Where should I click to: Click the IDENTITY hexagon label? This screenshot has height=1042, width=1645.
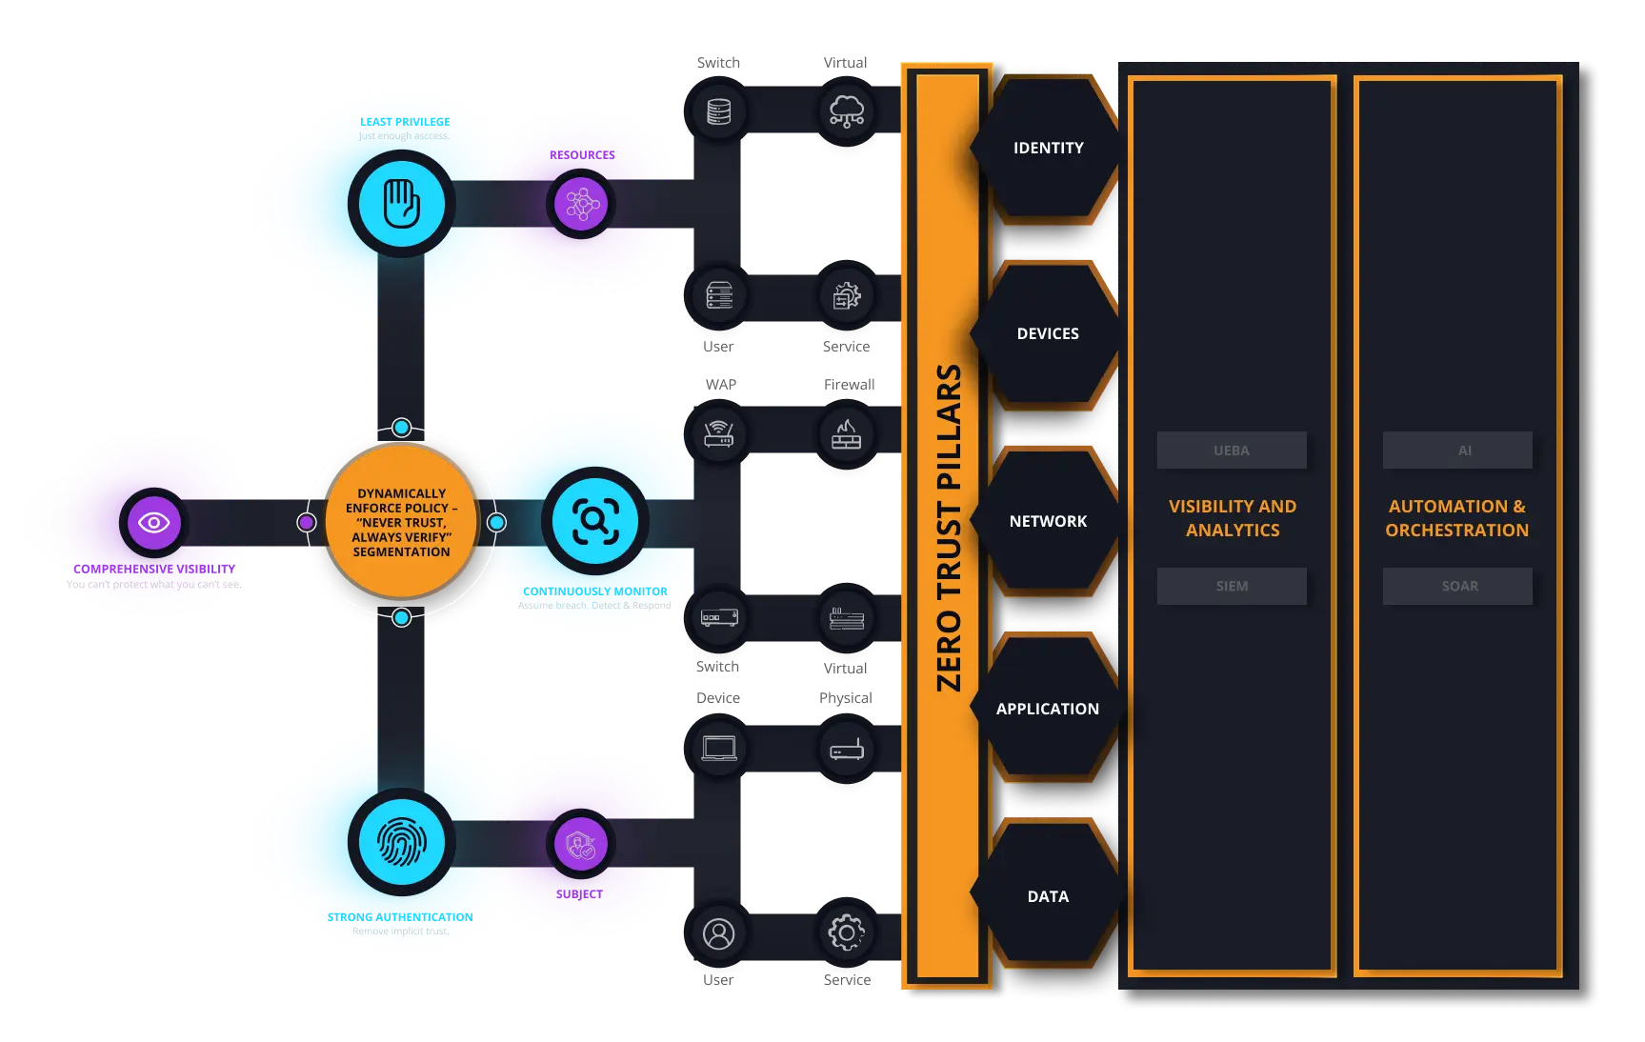[x=1048, y=148]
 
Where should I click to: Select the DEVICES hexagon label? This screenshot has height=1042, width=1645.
[x=1048, y=333]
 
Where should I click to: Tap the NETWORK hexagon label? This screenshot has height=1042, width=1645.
[x=1048, y=521]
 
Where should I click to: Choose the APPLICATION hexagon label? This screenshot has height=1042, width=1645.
[x=1047, y=709]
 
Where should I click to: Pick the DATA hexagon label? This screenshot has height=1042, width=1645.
[x=1048, y=896]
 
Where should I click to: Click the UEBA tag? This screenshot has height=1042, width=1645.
[x=1231, y=451]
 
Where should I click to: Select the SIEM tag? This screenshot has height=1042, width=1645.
[x=1231, y=586]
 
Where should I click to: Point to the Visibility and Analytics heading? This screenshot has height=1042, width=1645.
[x=1233, y=518]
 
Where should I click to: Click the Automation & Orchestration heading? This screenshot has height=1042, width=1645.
[x=1456, y=518]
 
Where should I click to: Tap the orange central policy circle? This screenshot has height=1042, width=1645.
[x=401, y=522]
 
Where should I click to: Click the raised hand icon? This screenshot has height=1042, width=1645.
[x=401, y=203]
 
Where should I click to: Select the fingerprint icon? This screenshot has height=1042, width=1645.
[x=401, y=842]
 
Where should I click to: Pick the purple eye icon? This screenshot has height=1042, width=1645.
[x=153, y=522]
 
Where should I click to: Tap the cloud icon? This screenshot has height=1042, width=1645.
[x=846, y=110]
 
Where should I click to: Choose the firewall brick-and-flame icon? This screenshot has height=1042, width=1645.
[x=846, y=434]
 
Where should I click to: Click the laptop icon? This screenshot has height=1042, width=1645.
[x=719, y=749]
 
